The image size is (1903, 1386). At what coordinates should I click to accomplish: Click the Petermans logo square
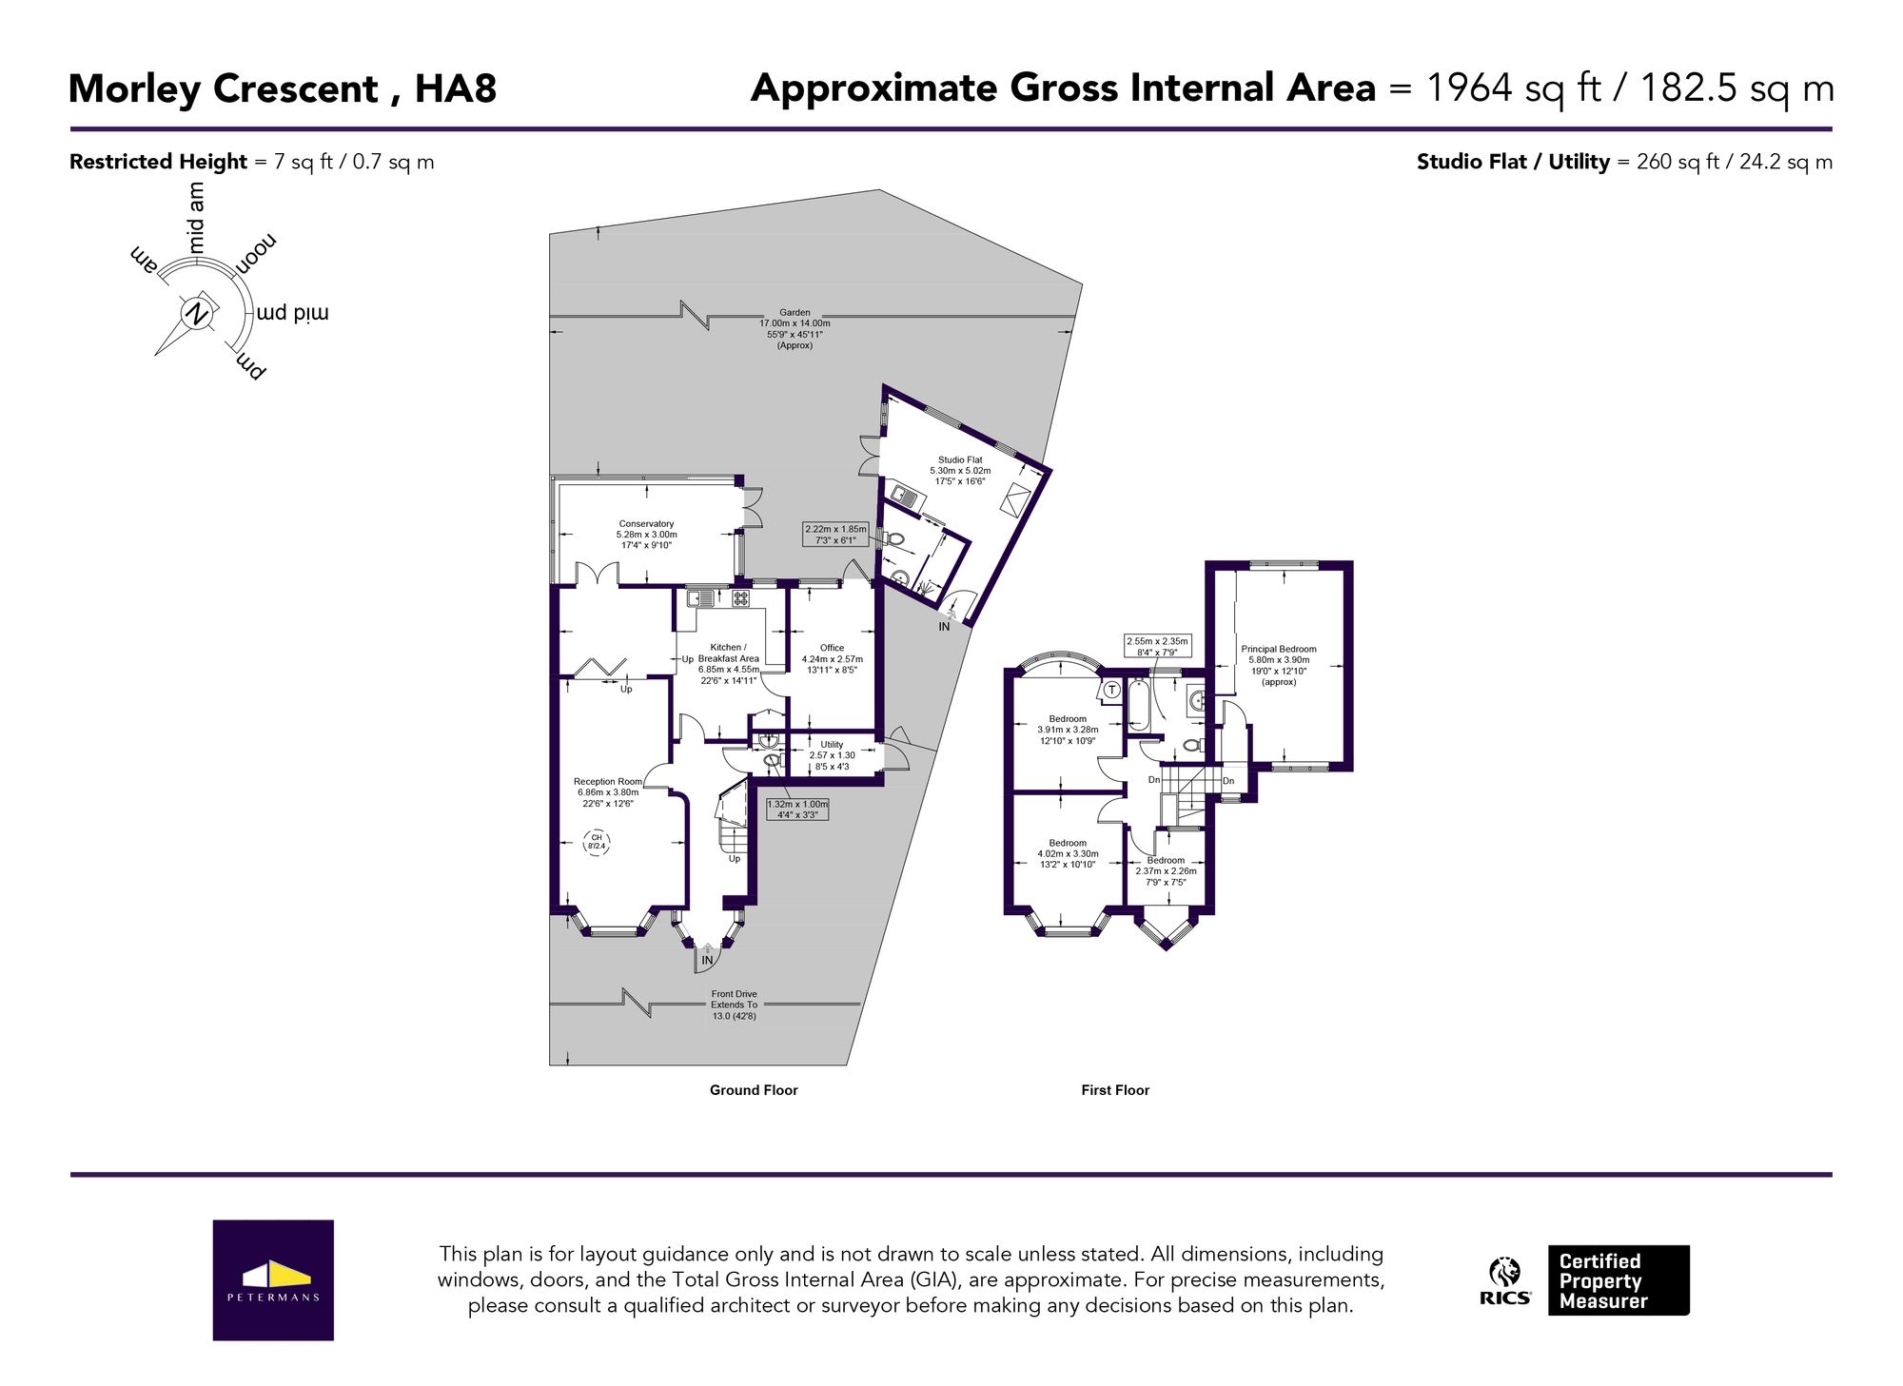click(x=273, y=1279)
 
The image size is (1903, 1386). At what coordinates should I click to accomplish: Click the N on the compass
click(x=196, y=312)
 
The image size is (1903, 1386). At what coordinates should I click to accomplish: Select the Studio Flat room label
click(x=960, y=470)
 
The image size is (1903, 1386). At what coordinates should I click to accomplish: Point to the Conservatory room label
click(x=646, y=535)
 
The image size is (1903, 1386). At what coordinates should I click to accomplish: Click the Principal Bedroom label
click(x=1279, y=665)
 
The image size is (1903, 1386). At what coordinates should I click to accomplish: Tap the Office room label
click(x=832, y=658)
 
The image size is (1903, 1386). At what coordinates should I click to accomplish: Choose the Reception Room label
click(x=607, y=792)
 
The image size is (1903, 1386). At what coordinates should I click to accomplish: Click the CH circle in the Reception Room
click(x=597, y=842)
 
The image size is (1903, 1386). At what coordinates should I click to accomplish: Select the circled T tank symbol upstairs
click(x=1111, y=690)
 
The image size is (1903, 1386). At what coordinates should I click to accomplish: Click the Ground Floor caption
click(x=754, y=1090)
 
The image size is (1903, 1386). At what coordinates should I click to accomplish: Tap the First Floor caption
click(x=1115, y=1090)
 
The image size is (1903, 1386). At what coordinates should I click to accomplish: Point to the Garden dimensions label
click(x=795, y=328)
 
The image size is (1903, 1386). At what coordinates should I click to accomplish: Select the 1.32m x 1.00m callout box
click(x=797, y=809)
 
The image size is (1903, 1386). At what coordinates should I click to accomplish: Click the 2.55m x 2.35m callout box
click(x=1157, y=646)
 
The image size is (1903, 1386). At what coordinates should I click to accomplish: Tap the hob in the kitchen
click(x=740, y=598)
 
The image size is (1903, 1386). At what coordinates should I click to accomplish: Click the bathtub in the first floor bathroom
click(x=1138, y=706)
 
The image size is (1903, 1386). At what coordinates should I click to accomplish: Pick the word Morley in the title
click(x=134, y=89)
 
